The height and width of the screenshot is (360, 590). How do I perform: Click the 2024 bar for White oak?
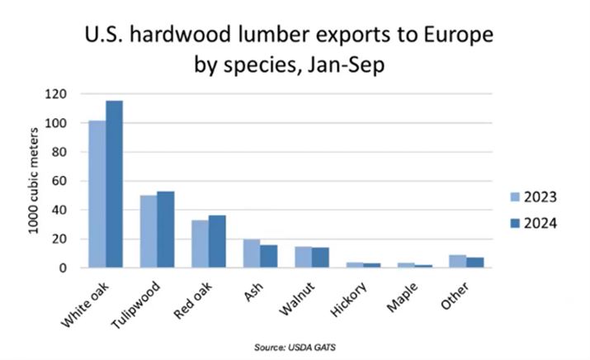114,184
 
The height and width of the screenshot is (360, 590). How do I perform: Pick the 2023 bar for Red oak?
200,244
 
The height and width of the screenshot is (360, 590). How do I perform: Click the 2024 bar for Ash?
267,256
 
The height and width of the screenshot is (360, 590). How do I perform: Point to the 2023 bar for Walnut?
302,257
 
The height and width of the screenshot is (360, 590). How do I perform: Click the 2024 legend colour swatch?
515,223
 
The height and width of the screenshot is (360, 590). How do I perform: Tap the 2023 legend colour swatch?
515,197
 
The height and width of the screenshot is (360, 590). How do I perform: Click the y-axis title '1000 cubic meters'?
35,180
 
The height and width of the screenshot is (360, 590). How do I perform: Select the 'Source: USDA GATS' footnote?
295,347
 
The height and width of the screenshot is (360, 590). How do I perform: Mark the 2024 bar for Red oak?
217,242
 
